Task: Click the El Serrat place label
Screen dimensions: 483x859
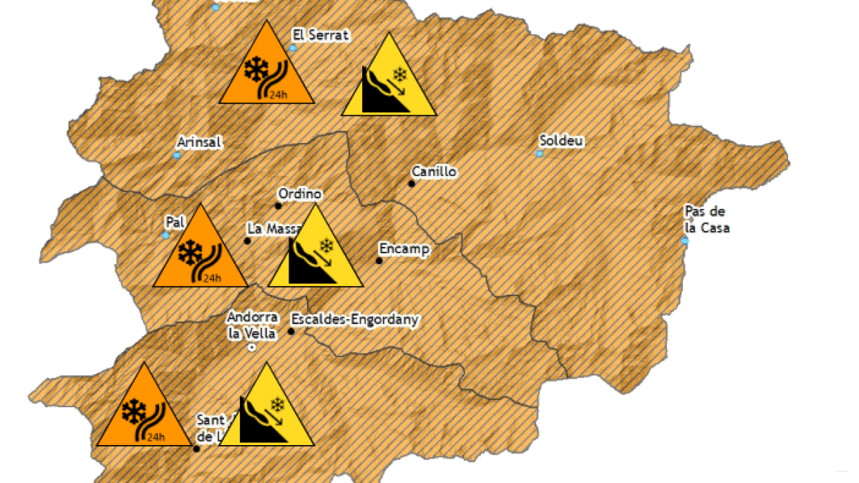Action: pos(321,34)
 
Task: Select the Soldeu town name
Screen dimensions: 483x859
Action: pos(563,141)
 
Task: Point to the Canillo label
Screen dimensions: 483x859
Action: pos(434,172)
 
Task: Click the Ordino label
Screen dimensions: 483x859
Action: pos(300,194)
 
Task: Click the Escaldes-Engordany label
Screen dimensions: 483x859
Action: pos(355,320)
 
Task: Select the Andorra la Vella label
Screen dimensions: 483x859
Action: pos(252,325)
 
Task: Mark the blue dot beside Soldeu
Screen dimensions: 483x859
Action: pos(540,154)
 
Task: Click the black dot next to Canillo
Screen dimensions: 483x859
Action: pos(412,184)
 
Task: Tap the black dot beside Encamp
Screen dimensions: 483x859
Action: pos(379,260)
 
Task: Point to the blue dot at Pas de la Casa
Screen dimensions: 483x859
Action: pos(685,241)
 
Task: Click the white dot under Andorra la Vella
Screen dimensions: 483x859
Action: pos(251,347)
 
